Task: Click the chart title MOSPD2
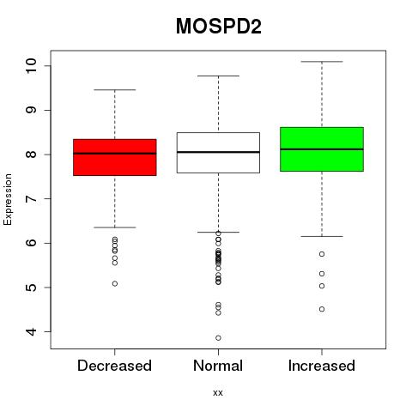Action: click(219, 27)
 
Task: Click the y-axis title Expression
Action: click(8, 199)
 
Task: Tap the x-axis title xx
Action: click(218, 393)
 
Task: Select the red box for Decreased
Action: click(115, 157)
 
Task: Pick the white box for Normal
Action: click(218, 153)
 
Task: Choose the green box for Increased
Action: click(322, 149)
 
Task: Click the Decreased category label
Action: click(114, 366)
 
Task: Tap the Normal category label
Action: click(218, 366)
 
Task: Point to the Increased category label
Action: click(322, 366)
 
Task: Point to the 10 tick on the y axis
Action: click(31, 66)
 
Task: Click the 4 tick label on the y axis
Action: click(31, 331)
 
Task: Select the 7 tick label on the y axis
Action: click(31, 199)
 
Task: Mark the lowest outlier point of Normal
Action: click(218, 338)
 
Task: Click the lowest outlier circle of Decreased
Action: click(115, 283)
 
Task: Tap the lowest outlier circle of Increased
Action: click(322, 309)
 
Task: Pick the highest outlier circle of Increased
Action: click(322, 254)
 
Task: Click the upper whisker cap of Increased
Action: click(322, 62)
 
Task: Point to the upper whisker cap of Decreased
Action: click(115, 90)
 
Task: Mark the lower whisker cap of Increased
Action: click(322, 236)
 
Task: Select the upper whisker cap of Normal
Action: click(218, 76)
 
